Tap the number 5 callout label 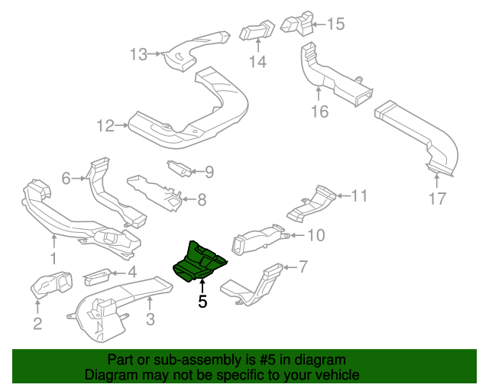point(202,302)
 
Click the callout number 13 point(138,54)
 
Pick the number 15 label point(336,24)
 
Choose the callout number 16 point(319,111)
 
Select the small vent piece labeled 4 point(97,273)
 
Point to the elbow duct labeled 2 point(50,288)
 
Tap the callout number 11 point(359,196)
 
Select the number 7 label point(303,267)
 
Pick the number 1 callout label point(53,260)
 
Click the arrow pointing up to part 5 point(202,286)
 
